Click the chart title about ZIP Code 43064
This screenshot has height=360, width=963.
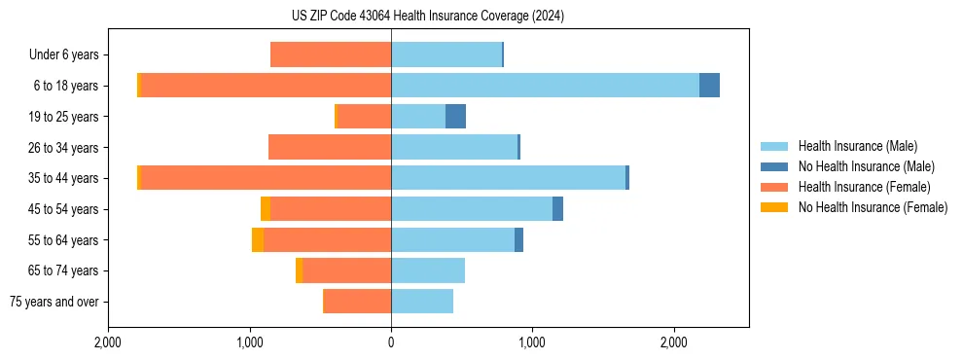coord(427,17)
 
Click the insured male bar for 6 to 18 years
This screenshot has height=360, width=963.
coord(545,86)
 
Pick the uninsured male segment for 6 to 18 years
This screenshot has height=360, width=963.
coord(709,86)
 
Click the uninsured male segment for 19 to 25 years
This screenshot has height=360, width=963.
coord(455,117)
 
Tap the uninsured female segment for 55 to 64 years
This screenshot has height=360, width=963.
coord(258,239)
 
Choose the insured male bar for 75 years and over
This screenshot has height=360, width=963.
coord(422,302)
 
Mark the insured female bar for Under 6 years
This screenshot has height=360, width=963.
coord(331,54)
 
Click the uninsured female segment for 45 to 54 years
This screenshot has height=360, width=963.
coord(266,209)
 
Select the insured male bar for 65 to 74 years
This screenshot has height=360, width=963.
coord(428,270)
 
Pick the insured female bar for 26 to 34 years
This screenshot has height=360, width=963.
coord(330,147)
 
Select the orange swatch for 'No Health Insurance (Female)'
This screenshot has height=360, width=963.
coord(774,207)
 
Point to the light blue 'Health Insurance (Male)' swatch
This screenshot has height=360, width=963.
coord(774,146)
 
